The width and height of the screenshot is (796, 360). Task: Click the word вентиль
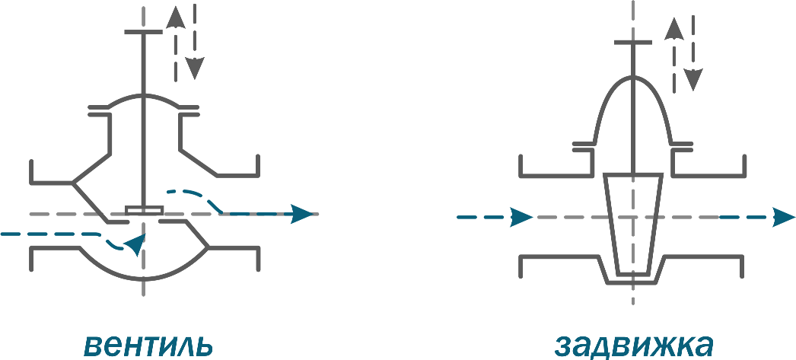pos(148,346)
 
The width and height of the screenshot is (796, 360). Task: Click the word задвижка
pos(634,346)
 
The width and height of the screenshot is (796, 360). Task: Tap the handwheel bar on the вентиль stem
pos(144,31)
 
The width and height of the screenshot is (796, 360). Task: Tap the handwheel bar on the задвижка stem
pos(632,42)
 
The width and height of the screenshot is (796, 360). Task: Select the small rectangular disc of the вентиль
pos(144,210)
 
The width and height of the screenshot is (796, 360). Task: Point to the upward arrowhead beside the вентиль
pos(176,18)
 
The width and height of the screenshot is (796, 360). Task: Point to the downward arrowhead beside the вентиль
pos(194,68)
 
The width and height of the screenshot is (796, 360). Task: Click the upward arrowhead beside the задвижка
pos(674,29)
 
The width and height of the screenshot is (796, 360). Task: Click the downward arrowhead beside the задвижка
pos(693,79)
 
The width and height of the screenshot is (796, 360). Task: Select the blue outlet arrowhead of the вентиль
pos(301,214)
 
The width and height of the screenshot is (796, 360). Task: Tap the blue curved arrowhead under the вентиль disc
pos(135,245)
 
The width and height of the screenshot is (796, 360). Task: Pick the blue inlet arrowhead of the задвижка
pos(521,217)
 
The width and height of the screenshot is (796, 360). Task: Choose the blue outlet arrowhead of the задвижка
pos(784,218)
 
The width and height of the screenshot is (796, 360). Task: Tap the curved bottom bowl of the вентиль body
pos(144,279)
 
